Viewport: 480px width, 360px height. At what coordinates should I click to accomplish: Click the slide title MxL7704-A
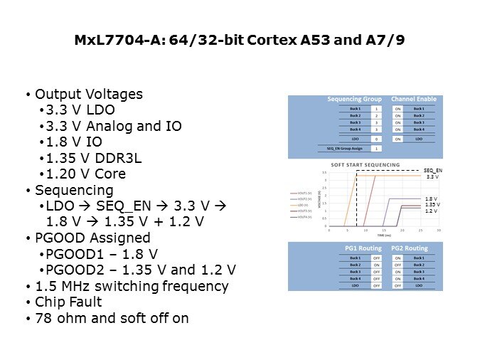point(240,41)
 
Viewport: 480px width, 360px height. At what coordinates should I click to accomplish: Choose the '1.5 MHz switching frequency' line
point(132,286)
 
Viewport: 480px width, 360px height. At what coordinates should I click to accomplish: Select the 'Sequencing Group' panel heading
point(354,100)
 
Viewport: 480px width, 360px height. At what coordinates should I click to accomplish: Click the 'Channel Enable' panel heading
point(413,100)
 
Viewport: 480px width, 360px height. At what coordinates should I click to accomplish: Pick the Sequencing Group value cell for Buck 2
point(377,115)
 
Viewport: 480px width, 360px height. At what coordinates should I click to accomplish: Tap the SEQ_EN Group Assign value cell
point(377,148)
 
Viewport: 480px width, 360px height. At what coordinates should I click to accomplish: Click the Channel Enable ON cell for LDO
point(398,139)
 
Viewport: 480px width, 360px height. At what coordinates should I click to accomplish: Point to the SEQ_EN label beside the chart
point(432,171)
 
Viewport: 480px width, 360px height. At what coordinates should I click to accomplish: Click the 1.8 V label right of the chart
point(431,198)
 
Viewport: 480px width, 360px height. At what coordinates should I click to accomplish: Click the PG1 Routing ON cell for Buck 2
point(377,265)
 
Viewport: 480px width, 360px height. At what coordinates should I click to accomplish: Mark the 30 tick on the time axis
point(439,230)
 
